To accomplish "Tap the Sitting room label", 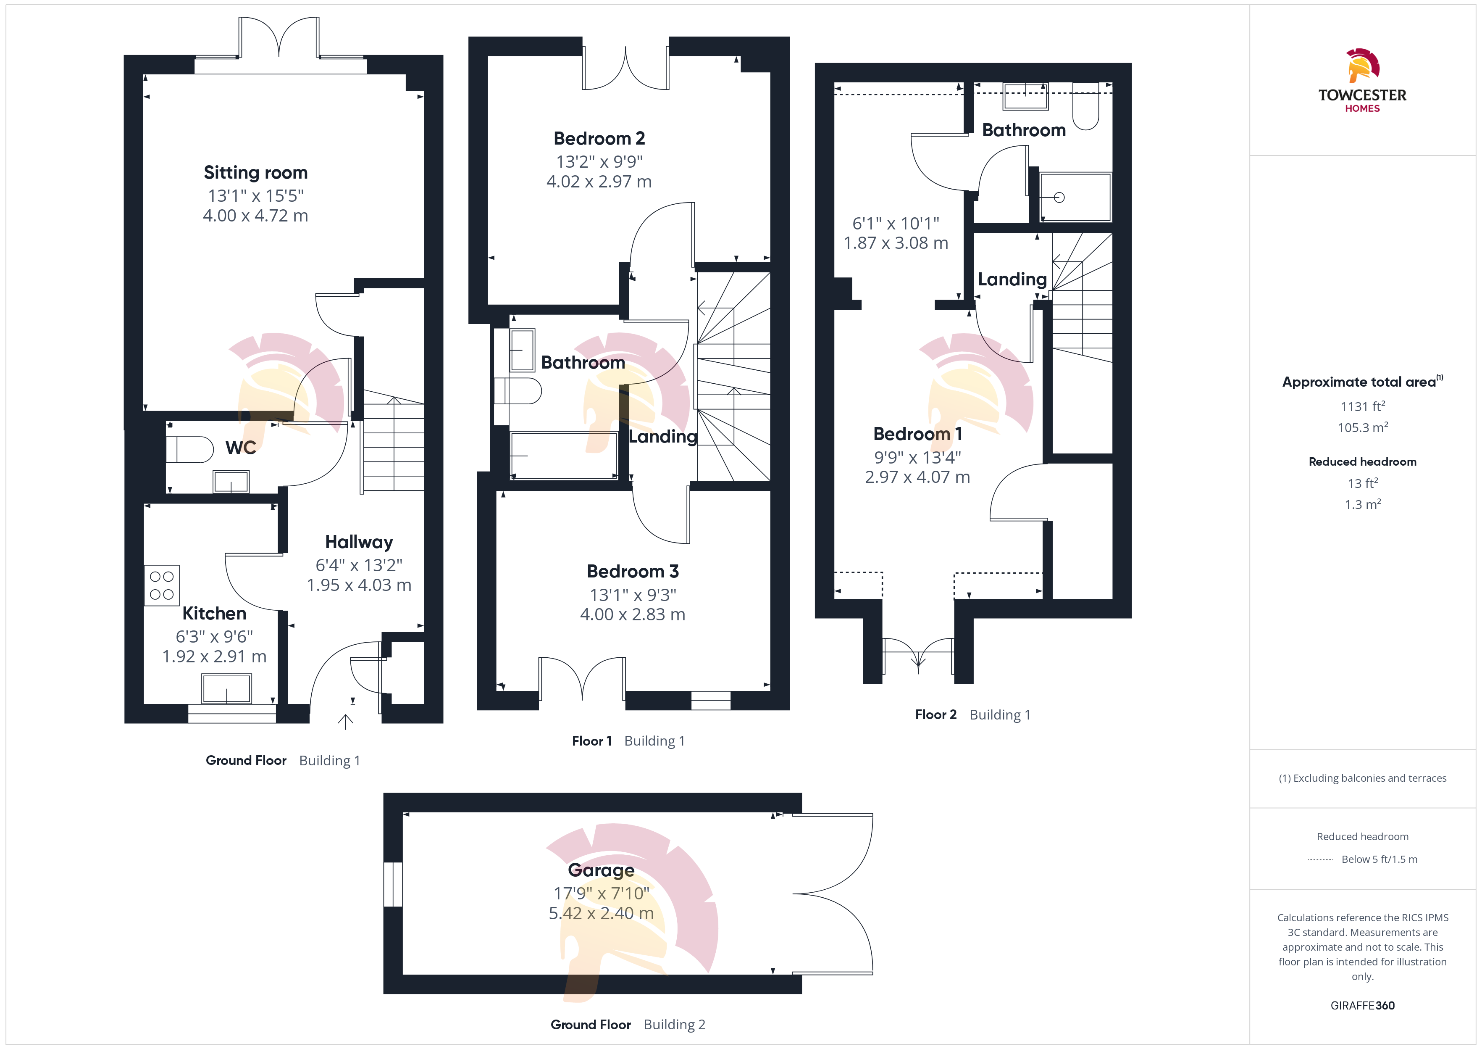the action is (255, 172).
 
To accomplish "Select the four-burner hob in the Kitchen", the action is (161, 585).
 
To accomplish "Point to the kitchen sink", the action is (226, 688).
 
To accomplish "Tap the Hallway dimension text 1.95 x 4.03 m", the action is (359, 585).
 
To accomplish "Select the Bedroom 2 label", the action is (599, 138).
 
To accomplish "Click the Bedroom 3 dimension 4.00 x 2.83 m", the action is (633, 614).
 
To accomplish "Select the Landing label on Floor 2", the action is (1012, 279).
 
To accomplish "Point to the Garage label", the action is (601, 870).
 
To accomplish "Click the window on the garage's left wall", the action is (393, 884).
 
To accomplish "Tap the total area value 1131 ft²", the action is (1363, 406).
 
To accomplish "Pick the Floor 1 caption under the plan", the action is (591, 741).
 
